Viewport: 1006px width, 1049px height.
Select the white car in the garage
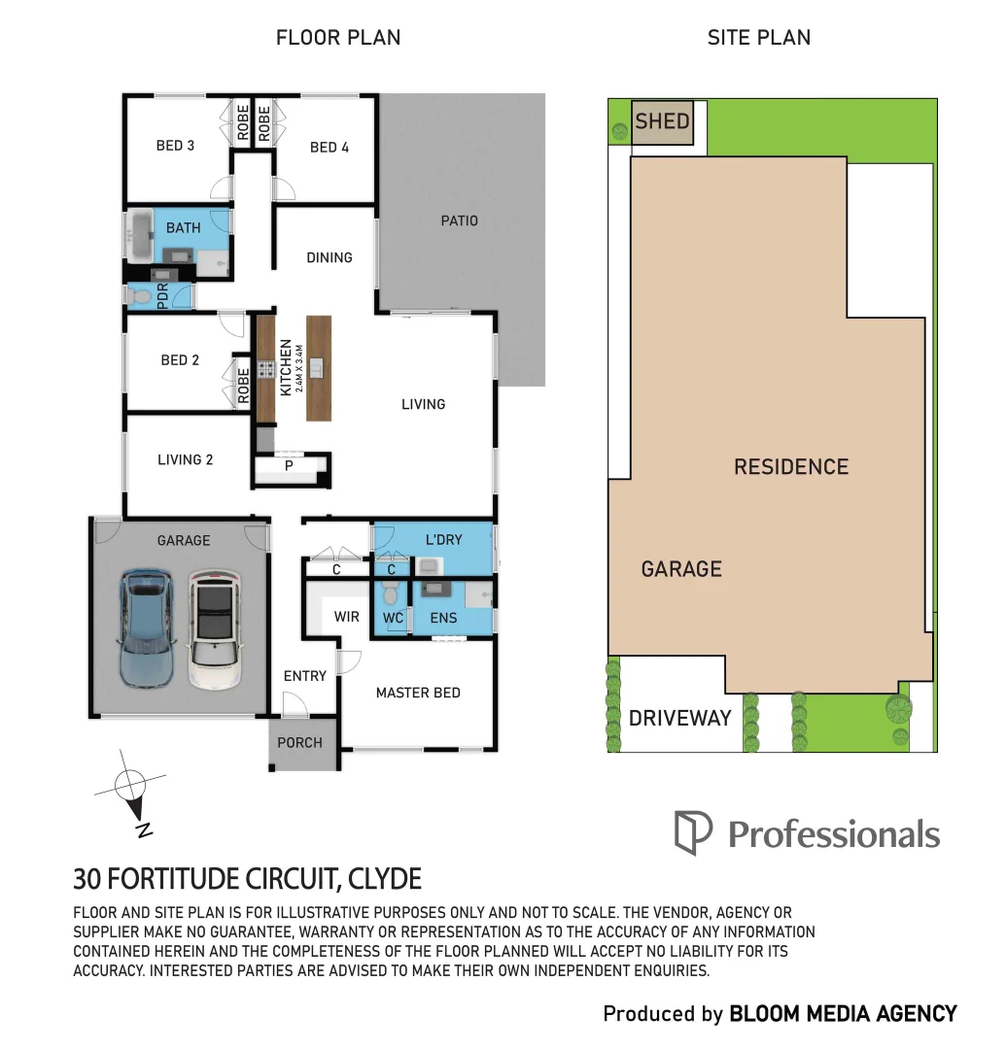(214, 628)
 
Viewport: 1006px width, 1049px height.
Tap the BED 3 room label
(175, 146)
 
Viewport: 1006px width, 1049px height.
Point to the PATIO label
(460, 220)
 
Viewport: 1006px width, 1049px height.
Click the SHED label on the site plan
(662, 122)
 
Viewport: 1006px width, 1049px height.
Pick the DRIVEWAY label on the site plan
(679, 719)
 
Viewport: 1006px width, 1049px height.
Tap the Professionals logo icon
(692, 833)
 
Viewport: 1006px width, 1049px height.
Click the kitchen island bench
(319, 367)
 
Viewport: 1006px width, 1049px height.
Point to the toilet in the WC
(392, 592)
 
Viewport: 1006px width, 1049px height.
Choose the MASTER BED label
(418, 693)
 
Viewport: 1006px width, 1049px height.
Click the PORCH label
(299, 742)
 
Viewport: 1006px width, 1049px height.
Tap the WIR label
(347, 617)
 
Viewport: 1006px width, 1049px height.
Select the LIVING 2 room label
(185, 459)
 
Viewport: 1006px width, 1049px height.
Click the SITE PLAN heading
(758, 38)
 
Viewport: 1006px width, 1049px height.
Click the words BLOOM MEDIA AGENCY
(843, 1014)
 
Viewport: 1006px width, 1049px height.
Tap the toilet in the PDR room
(139, 295)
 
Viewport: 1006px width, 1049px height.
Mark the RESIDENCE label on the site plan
(790, 467)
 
